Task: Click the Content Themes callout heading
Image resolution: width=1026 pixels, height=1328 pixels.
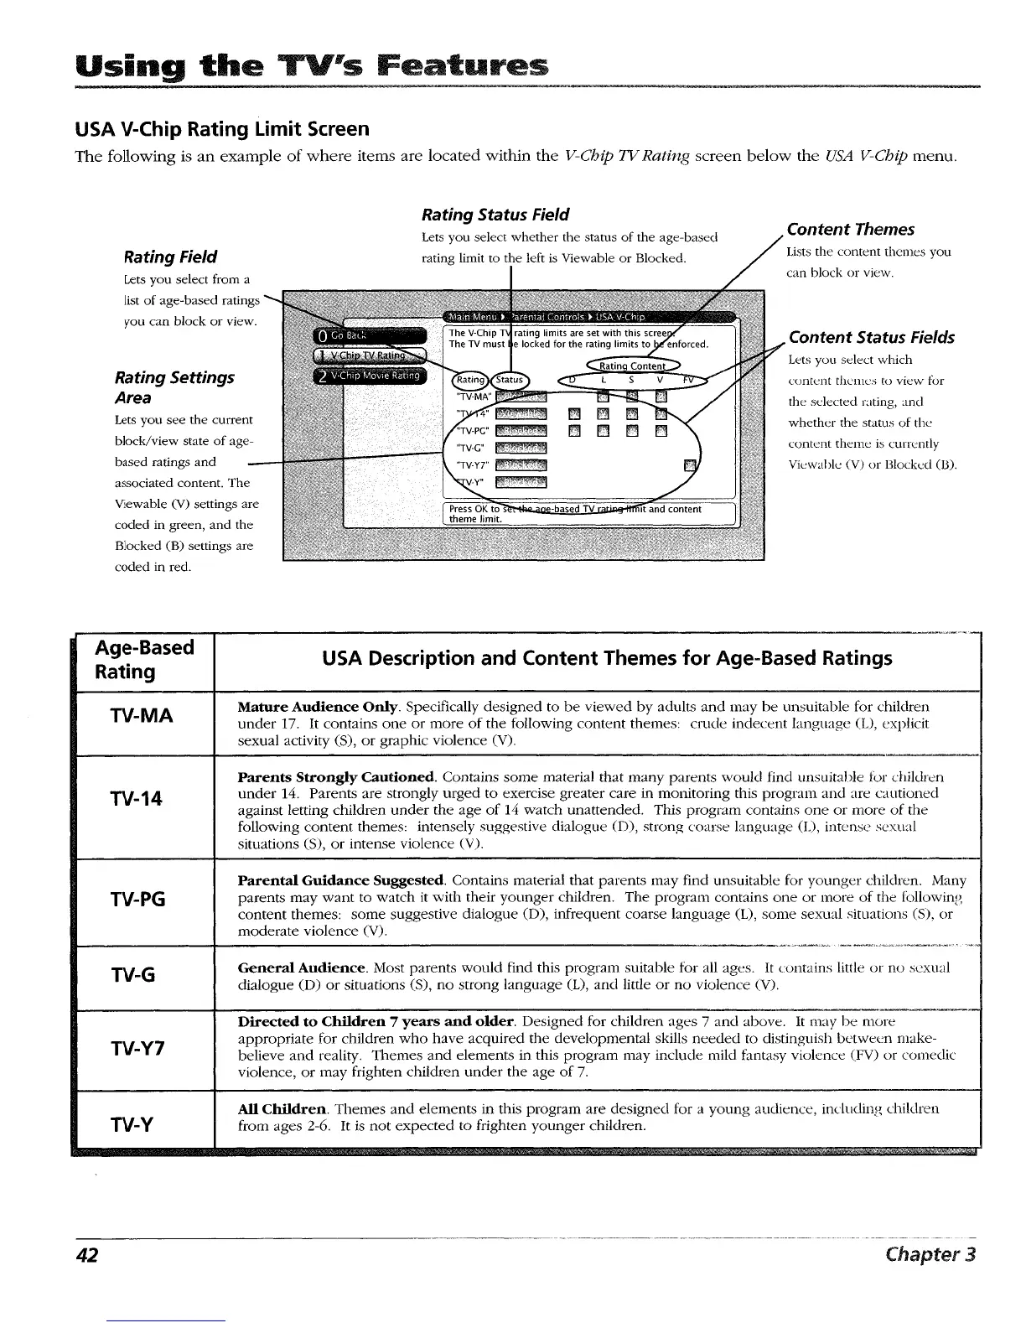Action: (x=851, y=230)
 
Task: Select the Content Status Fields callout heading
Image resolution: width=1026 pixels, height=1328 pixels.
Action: (x=871, y=338)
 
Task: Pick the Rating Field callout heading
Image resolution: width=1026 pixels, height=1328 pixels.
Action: (x=170, y=257)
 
